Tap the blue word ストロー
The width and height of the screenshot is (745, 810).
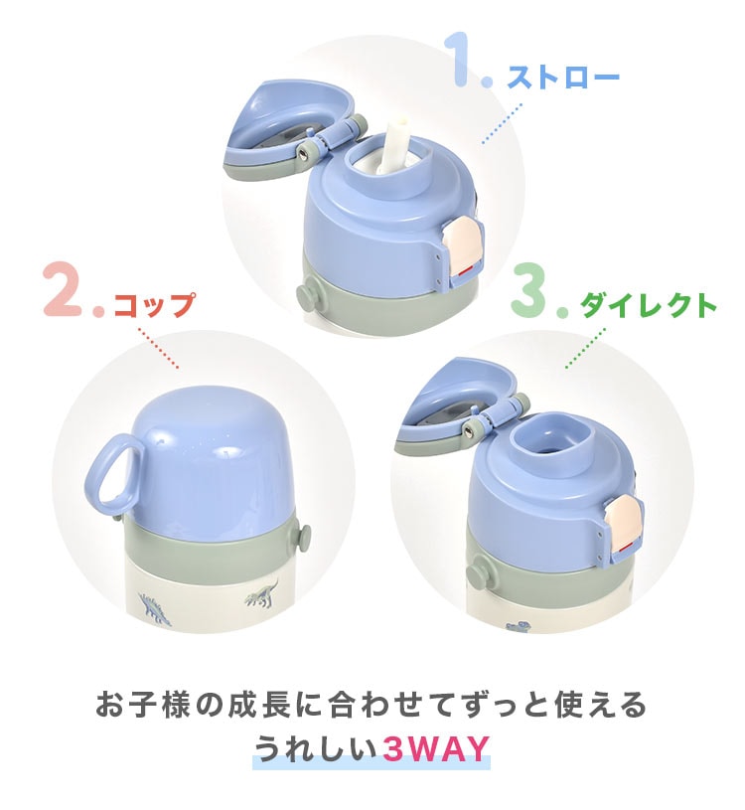pos(563,78)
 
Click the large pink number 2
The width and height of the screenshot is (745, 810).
pos(64,288)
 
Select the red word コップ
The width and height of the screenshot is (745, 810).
pos(154,305)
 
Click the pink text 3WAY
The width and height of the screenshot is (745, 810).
pos(435,748)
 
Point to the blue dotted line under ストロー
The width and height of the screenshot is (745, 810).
pos(502,123)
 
